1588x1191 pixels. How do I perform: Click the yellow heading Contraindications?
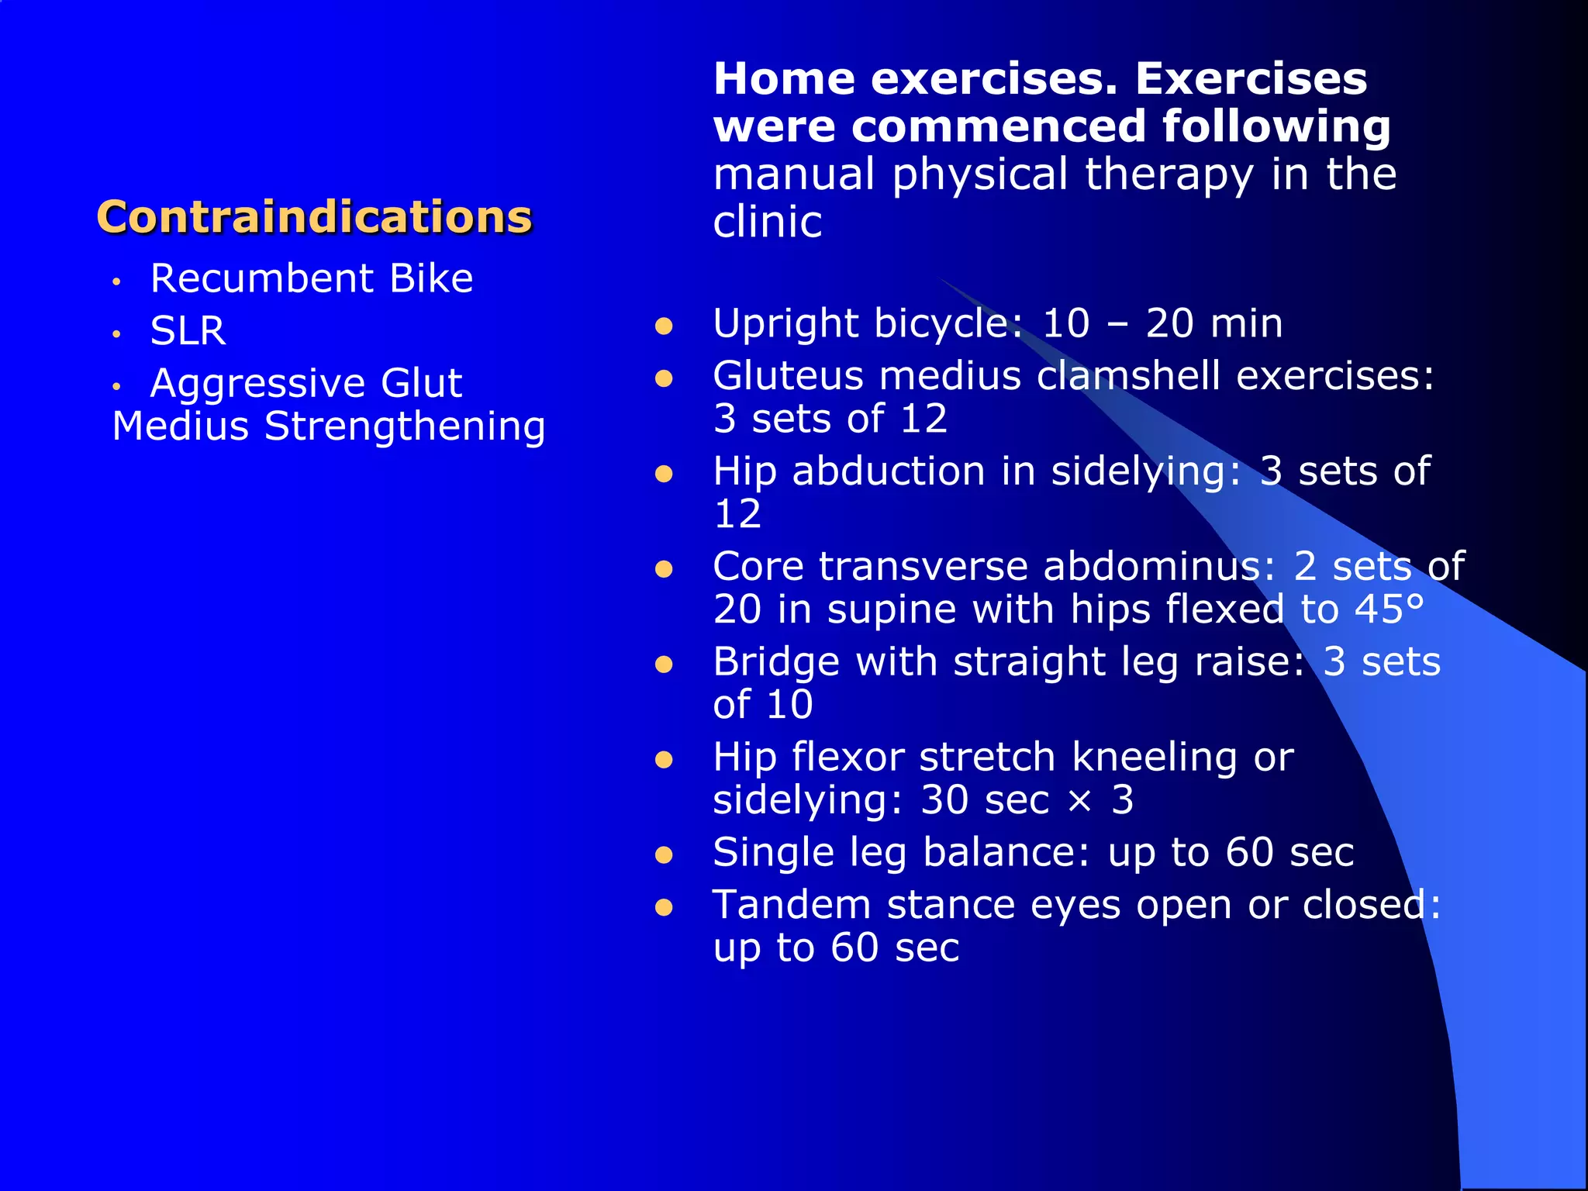314,217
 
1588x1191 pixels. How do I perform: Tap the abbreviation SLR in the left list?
188,331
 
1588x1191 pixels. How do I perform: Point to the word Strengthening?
405,426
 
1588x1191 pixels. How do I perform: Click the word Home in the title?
784,79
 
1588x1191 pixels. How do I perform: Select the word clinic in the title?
767,223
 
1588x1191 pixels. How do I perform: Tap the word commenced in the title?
999,126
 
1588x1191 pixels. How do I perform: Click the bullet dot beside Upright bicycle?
664,326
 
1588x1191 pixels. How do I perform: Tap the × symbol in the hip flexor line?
1079,800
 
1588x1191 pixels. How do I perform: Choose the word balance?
1006,853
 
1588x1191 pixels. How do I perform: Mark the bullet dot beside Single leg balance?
664,855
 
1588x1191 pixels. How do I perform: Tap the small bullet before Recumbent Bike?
116,281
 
